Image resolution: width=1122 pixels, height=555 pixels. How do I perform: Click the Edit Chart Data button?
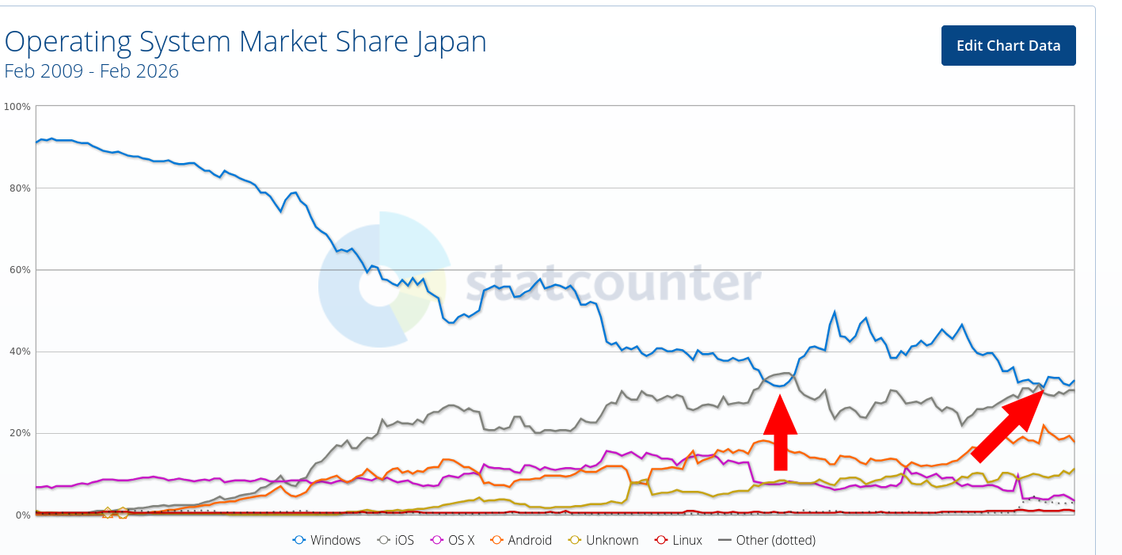pos(1008,45)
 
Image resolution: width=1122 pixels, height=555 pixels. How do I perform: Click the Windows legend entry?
pos(327,540)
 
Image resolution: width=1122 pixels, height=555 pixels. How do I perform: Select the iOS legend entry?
pos(396,540)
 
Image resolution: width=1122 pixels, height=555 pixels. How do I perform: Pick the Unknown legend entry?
pos(603,540)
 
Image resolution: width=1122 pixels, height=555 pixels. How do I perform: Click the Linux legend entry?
pos(679,540)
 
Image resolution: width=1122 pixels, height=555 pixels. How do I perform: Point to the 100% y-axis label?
pos(17,106)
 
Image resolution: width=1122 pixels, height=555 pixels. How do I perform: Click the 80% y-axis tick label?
pos(19,188)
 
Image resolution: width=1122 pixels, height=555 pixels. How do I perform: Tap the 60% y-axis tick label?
pos(19,270)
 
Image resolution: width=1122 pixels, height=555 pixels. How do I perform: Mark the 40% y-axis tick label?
pos(19,352)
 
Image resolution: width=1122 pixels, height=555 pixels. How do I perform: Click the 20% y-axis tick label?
pos(19,433)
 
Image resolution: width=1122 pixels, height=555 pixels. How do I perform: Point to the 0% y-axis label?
pos(21,515)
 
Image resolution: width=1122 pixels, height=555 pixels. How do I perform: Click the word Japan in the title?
pos(448,41)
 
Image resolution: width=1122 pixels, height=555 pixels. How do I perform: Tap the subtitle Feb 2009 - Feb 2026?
pos(92,71)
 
